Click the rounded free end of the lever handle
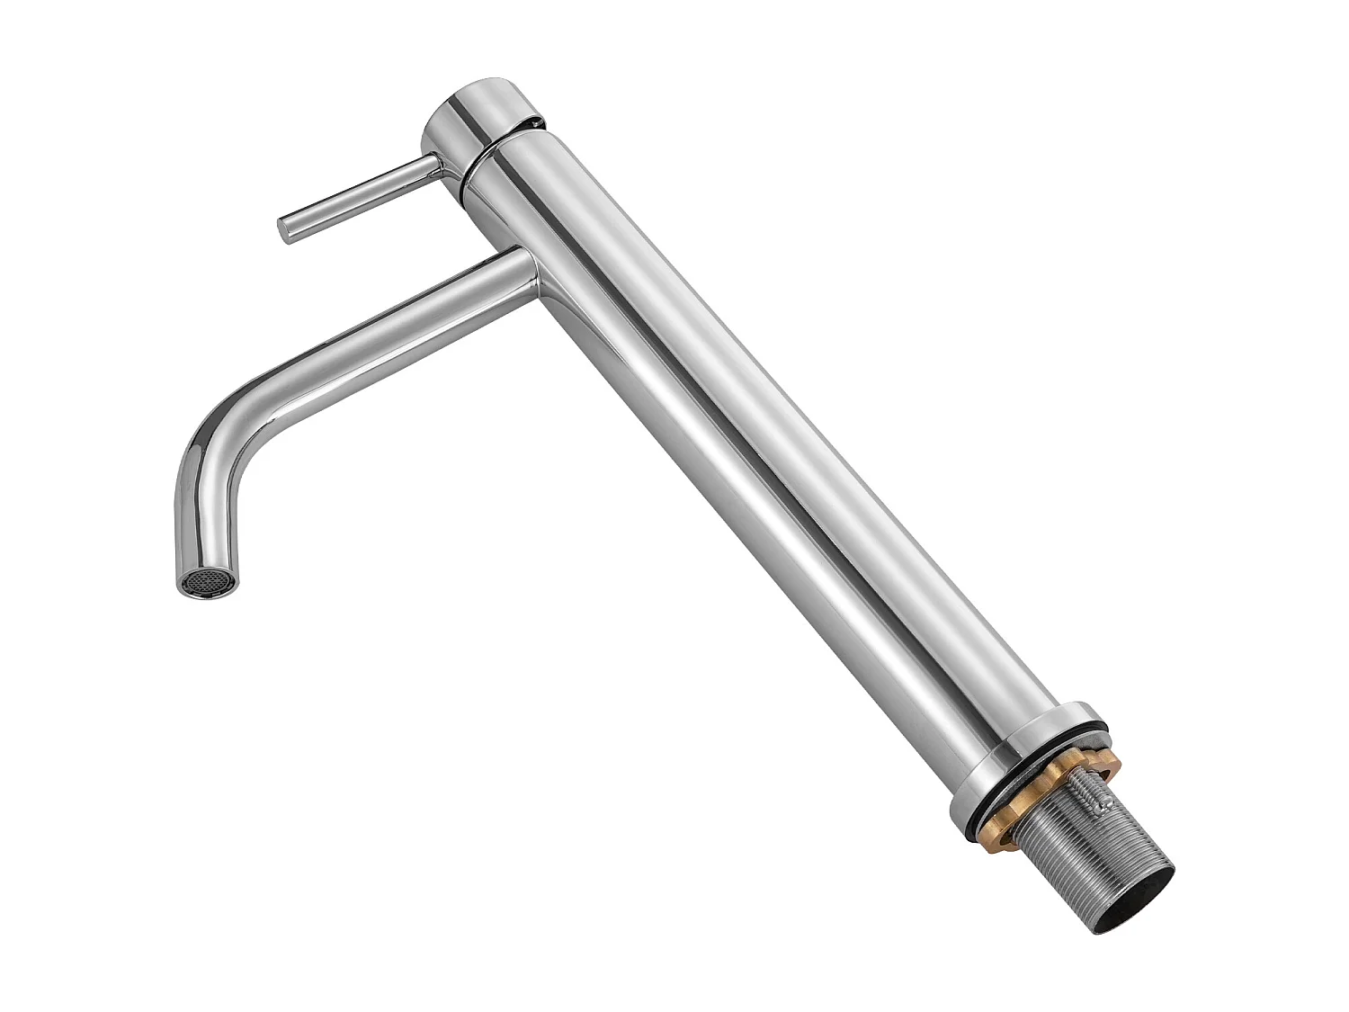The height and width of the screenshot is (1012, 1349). click(285, 229)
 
